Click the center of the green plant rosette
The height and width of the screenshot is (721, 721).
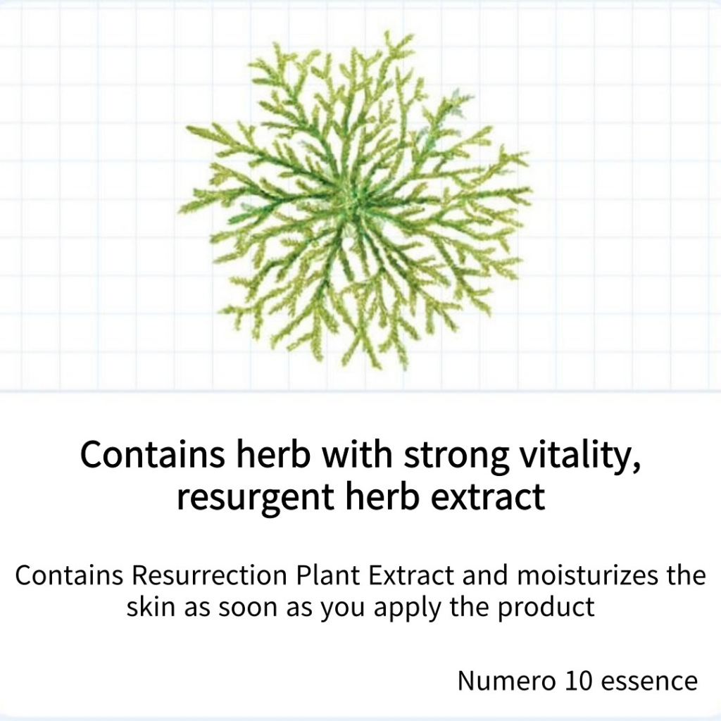[x=355, y=202]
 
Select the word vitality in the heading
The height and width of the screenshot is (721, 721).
[x=580, y=454]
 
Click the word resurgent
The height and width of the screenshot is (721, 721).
[x=256, y=498]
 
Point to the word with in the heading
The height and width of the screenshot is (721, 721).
[x=357, y=453]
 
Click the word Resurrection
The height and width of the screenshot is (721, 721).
[x=209, y=575]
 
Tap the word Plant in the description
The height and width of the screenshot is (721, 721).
[x=328, y=575]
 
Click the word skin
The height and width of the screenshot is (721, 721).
[x=151, y=607]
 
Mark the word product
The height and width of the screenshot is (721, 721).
[x=546, y=607]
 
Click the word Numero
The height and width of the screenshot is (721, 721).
[x=506, y=681]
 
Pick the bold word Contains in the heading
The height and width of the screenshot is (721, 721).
[x=153, y=454]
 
